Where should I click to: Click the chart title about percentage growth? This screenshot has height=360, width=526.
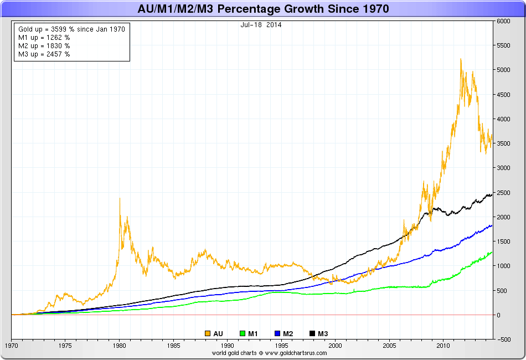pos(263,9)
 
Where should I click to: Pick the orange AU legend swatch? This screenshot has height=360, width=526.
pos(208,333)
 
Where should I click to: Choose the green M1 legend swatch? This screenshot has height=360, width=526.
pos(243,333)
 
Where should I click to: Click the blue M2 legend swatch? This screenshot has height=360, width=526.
pos(277,333)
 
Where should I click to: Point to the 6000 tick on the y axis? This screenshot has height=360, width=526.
pos(503,21)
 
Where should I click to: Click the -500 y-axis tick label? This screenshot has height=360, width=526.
pos(503,339)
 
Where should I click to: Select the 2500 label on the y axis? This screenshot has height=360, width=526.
pos(503,192)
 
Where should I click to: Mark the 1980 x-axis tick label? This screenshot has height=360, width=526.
pos(118,345)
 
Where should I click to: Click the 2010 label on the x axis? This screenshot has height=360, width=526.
pos(442,345)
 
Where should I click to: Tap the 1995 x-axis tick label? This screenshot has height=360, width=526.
pos(281,345)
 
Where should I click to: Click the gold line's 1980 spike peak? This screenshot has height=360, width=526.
pos(120,198)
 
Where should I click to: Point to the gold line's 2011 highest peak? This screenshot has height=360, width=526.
pos(461,59)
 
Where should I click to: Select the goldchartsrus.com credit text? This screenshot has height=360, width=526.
pos(263,352)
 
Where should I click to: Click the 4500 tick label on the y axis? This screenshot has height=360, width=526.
pos(503,95)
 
